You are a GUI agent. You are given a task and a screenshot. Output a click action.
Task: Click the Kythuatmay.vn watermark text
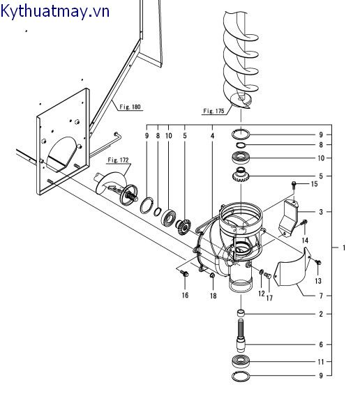(55, 11)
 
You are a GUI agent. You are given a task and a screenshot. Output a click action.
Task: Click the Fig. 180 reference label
(130, 107)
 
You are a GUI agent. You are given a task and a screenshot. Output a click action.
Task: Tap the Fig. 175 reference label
(213, 111)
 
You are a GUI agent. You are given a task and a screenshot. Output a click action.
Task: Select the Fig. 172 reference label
(118, 160)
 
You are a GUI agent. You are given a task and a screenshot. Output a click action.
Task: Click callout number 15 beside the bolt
(314, 184)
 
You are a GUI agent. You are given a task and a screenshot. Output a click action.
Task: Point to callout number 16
(185, 295)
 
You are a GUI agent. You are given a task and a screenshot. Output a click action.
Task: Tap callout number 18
(213, 296)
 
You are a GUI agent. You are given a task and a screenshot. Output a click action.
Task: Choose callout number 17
(269, 298)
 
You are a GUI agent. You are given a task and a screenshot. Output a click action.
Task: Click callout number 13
(318, 281)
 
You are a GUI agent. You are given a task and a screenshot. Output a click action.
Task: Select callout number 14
(305, 240)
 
